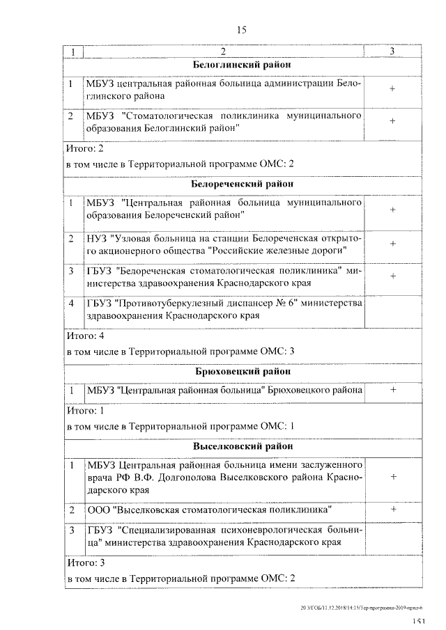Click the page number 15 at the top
click(242, 29)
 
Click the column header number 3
click(392, 52)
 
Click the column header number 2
click(223, 52)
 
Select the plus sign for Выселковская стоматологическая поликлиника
click(392, 510)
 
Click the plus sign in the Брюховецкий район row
click(392, 391)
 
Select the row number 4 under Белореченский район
click(72, 303)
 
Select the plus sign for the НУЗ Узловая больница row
click(392, 244)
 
